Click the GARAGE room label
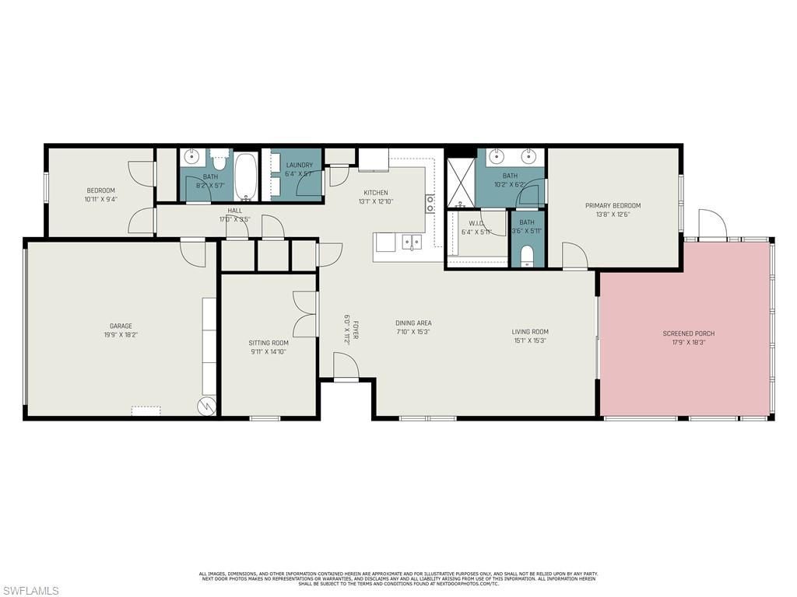coord(121,326)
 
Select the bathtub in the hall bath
coord(246,175)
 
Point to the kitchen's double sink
coord(412,243)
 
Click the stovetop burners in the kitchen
coord(430,204)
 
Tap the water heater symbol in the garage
coord(206,406)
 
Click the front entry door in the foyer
coord(346,367)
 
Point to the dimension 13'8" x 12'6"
coord(613,215)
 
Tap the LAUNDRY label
coord(299,165)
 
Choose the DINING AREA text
coord(413,323)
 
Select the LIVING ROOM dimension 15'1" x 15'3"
coord(530,340)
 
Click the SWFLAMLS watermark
coord(30,591)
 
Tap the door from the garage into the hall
coord(192,253)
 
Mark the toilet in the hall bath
coord(219,162)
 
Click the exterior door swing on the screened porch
coord(711,225)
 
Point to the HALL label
coord(235,211)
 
